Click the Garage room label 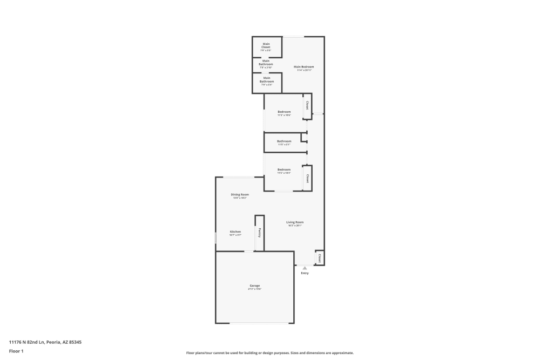coord(254,286)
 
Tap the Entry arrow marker coord(305,268)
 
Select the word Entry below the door coord(305,273)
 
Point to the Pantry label coord(260,233)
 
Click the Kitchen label coord(235,232)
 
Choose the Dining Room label coord(240,194)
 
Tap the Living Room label coord(295,222)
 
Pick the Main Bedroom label coord(303,66)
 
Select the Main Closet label coord(266,45)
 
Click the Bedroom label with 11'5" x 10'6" coord(284,112)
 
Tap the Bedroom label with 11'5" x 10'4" coord(284,169)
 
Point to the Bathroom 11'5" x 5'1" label coord(284,141)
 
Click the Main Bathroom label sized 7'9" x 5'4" coord(267,79)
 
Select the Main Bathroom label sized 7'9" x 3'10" coord(266,63)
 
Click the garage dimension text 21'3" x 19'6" coord(254,289)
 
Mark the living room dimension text coord(295,226)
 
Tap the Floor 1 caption coord(16,351)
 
